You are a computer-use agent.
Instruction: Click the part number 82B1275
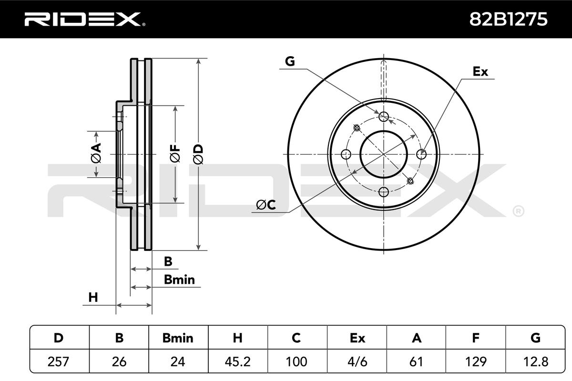(x=509, y=20)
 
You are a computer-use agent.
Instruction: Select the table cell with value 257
(x=59, y=361)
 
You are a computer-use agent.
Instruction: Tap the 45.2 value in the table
(x=237, y=361)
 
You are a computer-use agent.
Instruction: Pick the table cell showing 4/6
(x=357, y=361)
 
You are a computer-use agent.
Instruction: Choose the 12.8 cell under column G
(x=535, y=361)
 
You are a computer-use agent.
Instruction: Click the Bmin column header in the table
(x=178, y=338)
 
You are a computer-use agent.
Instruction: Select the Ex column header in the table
(x=357, y=338)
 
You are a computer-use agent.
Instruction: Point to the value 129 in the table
(x=475, y=361)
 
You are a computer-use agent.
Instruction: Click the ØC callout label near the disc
(x=266, y=205)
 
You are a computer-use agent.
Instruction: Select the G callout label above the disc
(x=290, y=61)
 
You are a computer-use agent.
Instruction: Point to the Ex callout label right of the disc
(x=480, y=72)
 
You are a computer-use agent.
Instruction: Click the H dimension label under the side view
(x=93, y=298)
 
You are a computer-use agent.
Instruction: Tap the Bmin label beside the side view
(x=179, y=280)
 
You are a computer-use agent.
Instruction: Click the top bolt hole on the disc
(x=384, y=117)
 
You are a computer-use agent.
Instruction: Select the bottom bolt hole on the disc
(x=384, y=192)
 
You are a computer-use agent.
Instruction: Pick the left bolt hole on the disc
(x=346, y=154)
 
